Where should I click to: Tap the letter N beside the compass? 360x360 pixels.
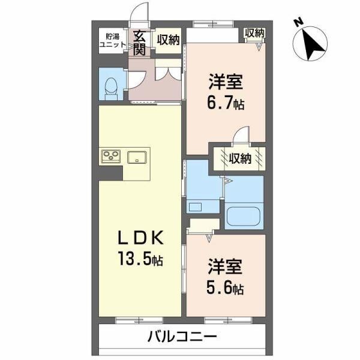point(298,23)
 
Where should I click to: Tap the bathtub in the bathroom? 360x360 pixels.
point(244,215)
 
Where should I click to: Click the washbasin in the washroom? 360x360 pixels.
point(196,207)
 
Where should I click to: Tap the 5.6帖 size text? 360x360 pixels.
point(226,288)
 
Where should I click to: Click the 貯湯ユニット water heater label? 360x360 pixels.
point(112,41)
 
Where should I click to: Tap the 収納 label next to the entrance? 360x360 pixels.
point(168,40)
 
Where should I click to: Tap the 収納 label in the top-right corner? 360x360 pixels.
point(254,34)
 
